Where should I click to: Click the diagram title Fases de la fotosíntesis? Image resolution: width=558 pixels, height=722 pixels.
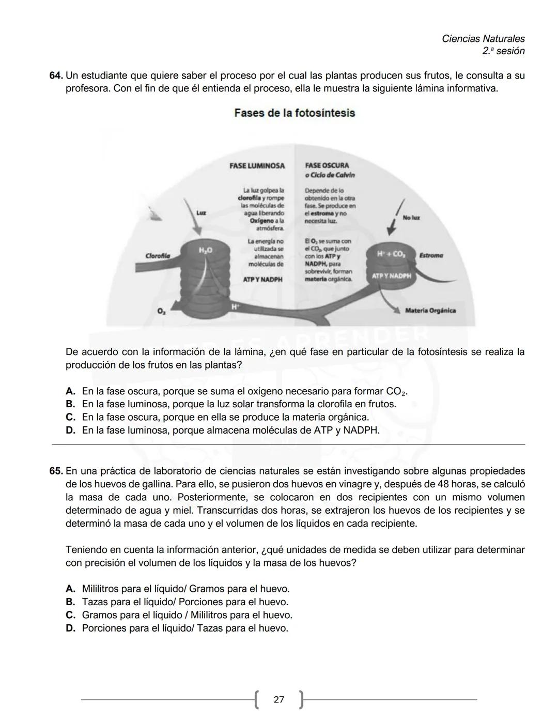(295, 113)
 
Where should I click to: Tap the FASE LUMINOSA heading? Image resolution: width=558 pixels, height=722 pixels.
(257, 166)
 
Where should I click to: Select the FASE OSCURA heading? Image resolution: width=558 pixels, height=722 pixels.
(327, 166)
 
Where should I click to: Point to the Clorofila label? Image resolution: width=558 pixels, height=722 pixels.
(158, 256)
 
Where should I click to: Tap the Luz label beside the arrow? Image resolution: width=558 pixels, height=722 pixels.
(202, 212)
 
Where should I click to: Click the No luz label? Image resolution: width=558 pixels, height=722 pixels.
(411, 218)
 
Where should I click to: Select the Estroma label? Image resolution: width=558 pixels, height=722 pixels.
(431, 255)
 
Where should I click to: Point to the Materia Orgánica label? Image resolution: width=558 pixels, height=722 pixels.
(430, 311)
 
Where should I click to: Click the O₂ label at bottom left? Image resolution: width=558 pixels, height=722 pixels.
(161, 312)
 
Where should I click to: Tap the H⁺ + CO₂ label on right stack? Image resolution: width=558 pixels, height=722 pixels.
(391, 254)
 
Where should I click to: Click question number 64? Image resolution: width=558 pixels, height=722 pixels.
(56, 75)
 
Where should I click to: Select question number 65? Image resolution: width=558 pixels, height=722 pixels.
(56, 471)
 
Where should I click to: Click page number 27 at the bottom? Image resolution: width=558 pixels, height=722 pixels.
(279, 700)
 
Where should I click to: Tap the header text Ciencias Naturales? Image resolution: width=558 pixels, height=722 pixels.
(483, 39)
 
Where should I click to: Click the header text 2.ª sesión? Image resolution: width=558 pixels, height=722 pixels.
(503, 51)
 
